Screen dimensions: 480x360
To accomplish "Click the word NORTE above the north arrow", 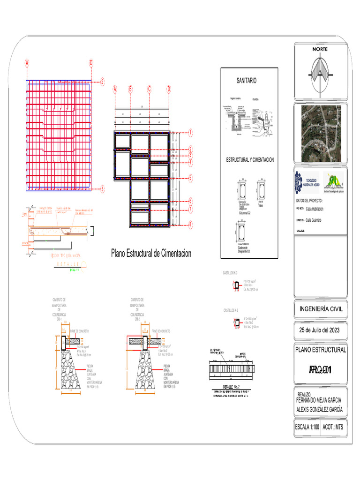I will tap(321, 49).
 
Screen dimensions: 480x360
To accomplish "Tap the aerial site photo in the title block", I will tap(321, 132).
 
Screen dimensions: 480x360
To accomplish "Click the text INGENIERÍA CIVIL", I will tap(321, 309).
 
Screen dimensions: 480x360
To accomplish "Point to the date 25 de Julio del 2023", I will tap(321, 330).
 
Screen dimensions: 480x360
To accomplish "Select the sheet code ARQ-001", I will tap(321, 370).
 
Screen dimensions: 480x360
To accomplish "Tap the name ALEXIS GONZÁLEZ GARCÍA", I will tap(319, 409).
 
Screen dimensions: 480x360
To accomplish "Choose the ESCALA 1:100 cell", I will tap(307, 427).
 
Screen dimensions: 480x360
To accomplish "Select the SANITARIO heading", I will tap(246, 81).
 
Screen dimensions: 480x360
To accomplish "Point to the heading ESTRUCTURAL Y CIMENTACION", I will tap(250, 160).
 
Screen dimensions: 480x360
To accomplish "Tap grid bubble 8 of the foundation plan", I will tap(191, 225).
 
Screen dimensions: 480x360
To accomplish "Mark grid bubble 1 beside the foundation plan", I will tap(191, 133).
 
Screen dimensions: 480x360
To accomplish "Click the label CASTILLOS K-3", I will tap(230, 272).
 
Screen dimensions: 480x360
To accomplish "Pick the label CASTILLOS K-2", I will tap(230, 310).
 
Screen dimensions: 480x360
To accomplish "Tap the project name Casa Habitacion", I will tap(315, 210).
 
